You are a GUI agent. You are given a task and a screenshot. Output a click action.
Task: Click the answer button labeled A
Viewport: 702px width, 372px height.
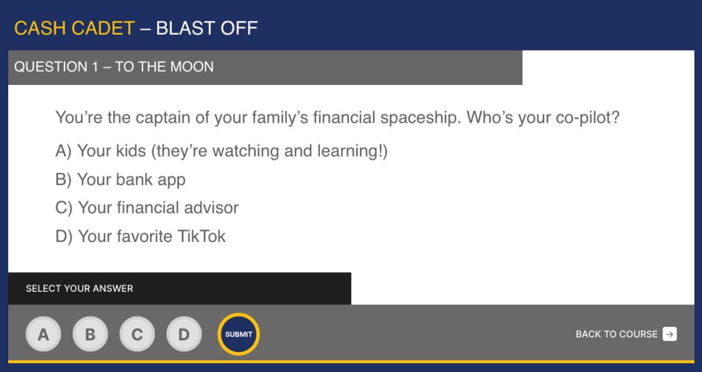tap(43, 334)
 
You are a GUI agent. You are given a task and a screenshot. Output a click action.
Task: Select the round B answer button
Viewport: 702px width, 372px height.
tap(90, 334)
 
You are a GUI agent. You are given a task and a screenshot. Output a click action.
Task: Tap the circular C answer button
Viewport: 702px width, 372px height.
tap(137, 334)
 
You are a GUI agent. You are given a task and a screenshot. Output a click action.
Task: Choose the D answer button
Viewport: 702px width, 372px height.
tap(184, 334)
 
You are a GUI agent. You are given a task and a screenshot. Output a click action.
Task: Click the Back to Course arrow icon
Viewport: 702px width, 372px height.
tap(670, 334)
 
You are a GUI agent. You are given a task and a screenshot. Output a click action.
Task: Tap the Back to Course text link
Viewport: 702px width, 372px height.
tap(616, 334)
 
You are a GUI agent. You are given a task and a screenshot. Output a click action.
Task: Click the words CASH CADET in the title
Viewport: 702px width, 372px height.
tap(74, 28)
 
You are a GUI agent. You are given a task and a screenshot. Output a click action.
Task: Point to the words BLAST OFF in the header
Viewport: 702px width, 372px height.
tap(207, 28)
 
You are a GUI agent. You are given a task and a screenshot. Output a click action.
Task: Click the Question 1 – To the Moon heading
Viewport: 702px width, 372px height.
tap(114, 66)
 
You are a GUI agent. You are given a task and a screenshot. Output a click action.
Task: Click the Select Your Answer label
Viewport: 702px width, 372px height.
tap(80, 288)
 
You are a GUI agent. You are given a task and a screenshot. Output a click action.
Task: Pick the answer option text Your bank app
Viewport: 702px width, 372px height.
tap(131, 179)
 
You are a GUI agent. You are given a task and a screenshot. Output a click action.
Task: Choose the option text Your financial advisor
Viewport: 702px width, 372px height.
tap(158, 208)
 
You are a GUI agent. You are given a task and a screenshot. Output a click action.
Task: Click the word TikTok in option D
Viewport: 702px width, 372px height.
tap(202, 236)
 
